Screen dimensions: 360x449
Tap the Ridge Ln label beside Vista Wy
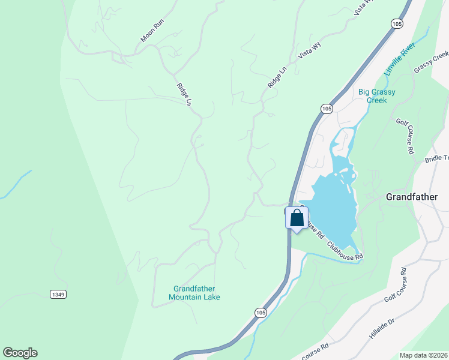(277, 78)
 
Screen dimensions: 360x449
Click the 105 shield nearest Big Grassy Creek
(325, 109)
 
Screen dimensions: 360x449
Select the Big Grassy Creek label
(376, 96)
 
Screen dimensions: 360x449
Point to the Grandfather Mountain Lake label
(194, 293)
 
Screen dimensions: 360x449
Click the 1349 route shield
(58, 294)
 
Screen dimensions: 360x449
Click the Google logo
(20, 353)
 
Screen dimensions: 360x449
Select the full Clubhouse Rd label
(345, 250)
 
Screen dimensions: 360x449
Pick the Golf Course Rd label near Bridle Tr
(405, 137)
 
